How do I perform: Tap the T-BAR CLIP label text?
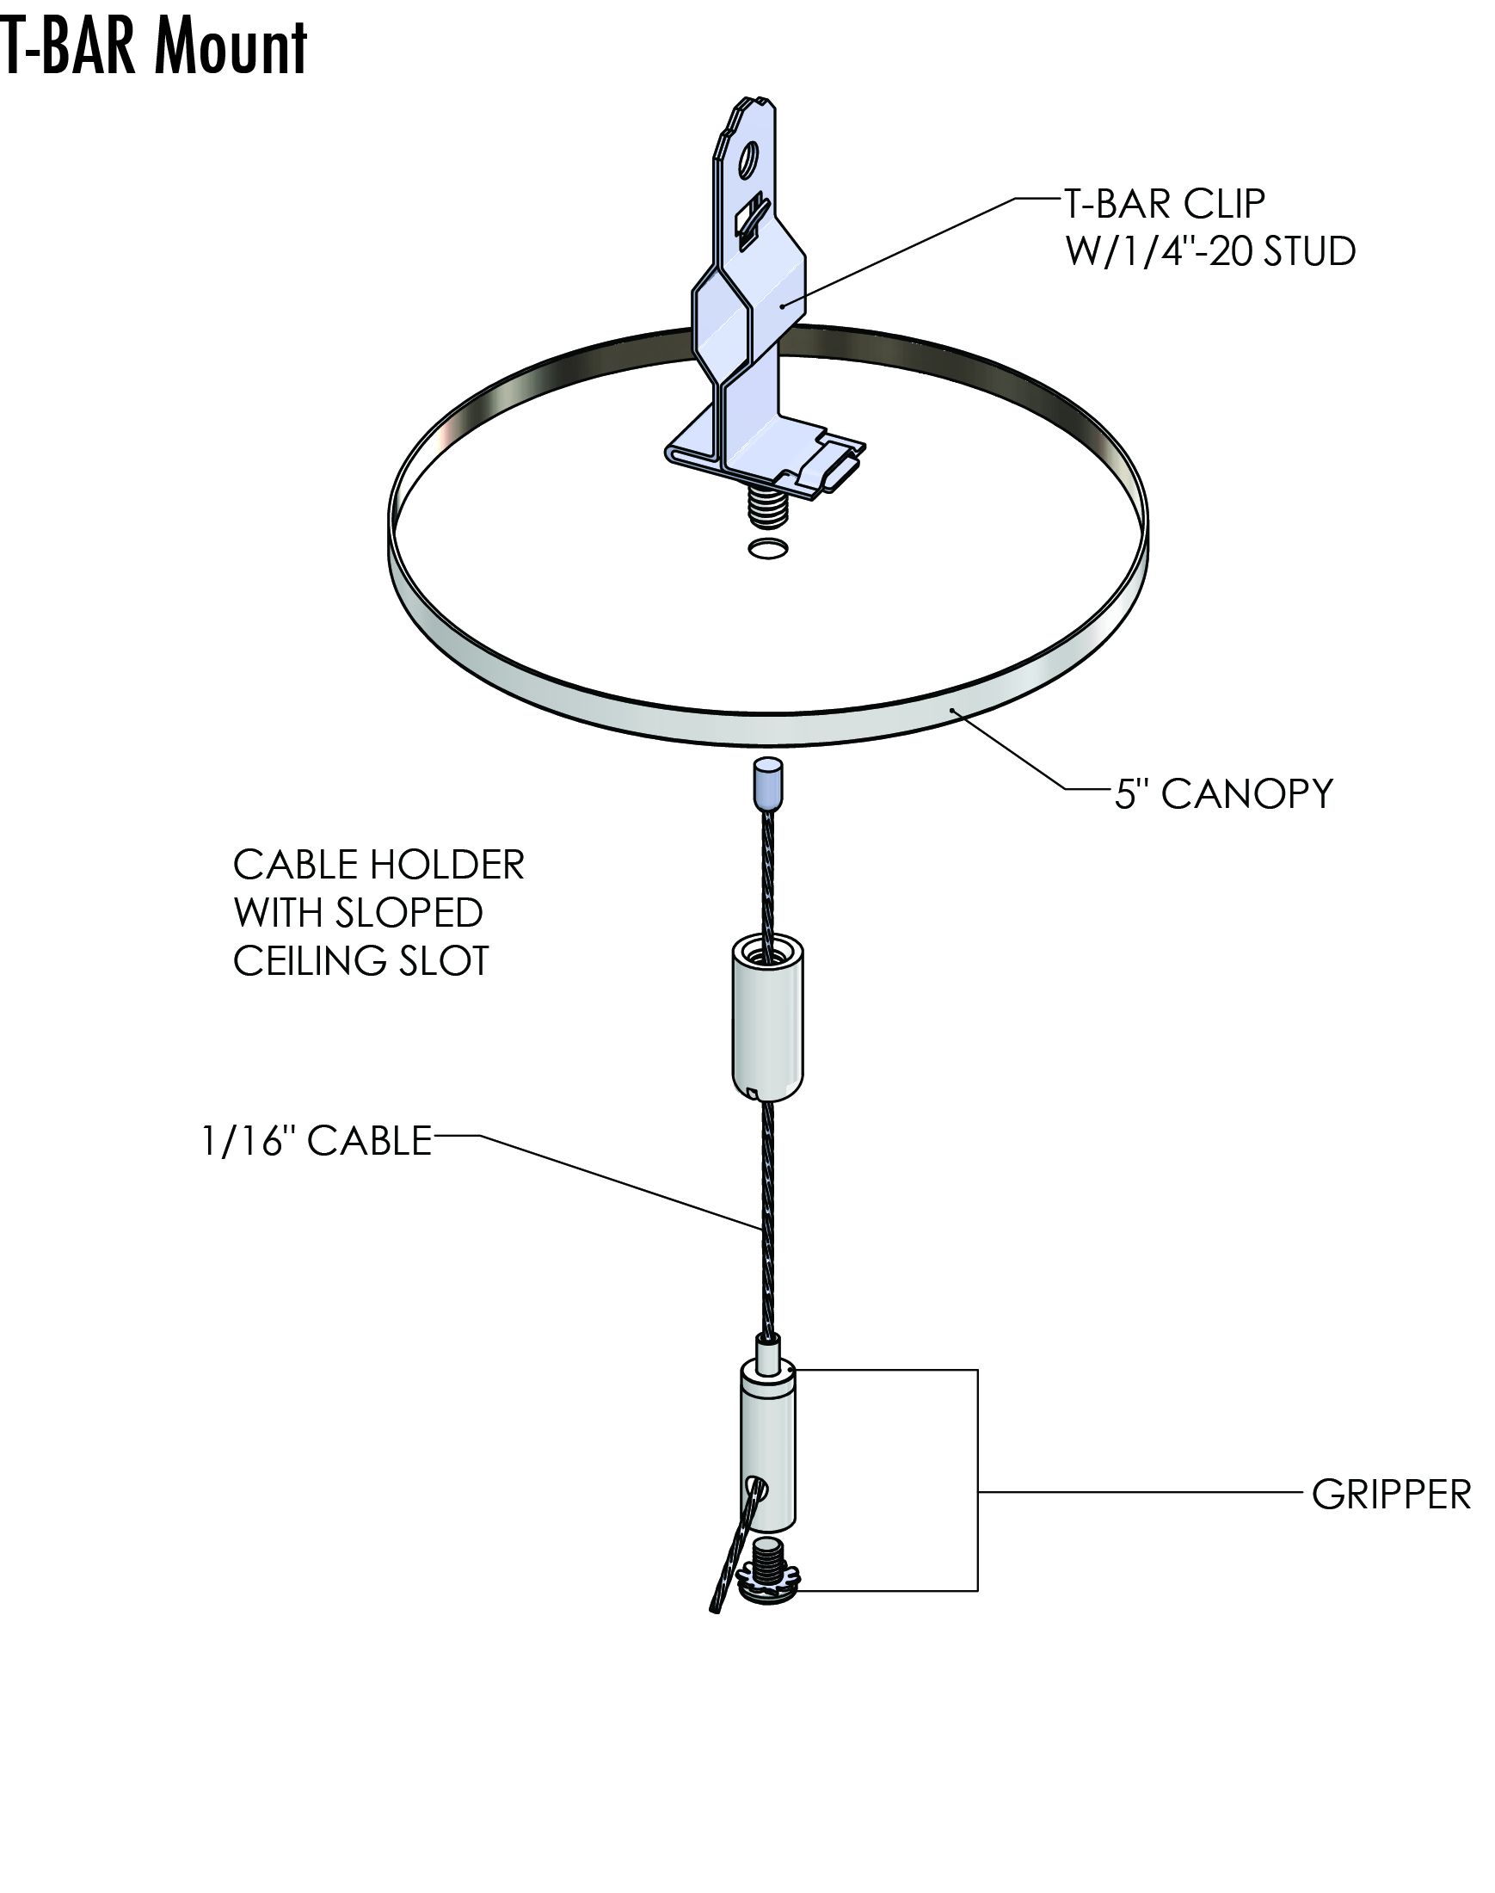coord(1163,204)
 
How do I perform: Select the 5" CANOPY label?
coord(1223,793)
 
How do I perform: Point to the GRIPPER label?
coord(1391,1495)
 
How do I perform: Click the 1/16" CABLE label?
coord(317,1141)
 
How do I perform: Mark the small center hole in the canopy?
coord(767,549)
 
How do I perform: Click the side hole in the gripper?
coord(758,1486)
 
